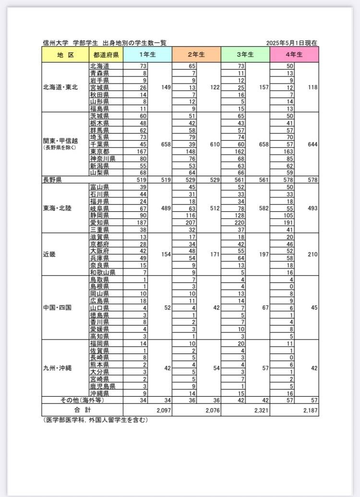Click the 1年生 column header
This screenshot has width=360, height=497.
click(147, 55)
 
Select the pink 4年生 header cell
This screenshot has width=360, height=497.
click(294, 55)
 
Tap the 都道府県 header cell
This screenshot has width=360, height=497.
click(106, 55)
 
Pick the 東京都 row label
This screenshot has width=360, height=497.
click(99, 151)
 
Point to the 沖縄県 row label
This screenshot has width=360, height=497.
click(99, 393)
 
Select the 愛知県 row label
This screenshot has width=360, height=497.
click(99, 222)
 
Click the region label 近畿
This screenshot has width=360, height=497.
click(49, 254)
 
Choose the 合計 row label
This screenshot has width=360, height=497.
click(82, 411)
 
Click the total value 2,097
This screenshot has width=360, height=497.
click(163, 411)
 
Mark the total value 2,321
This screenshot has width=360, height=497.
click(261, 411)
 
